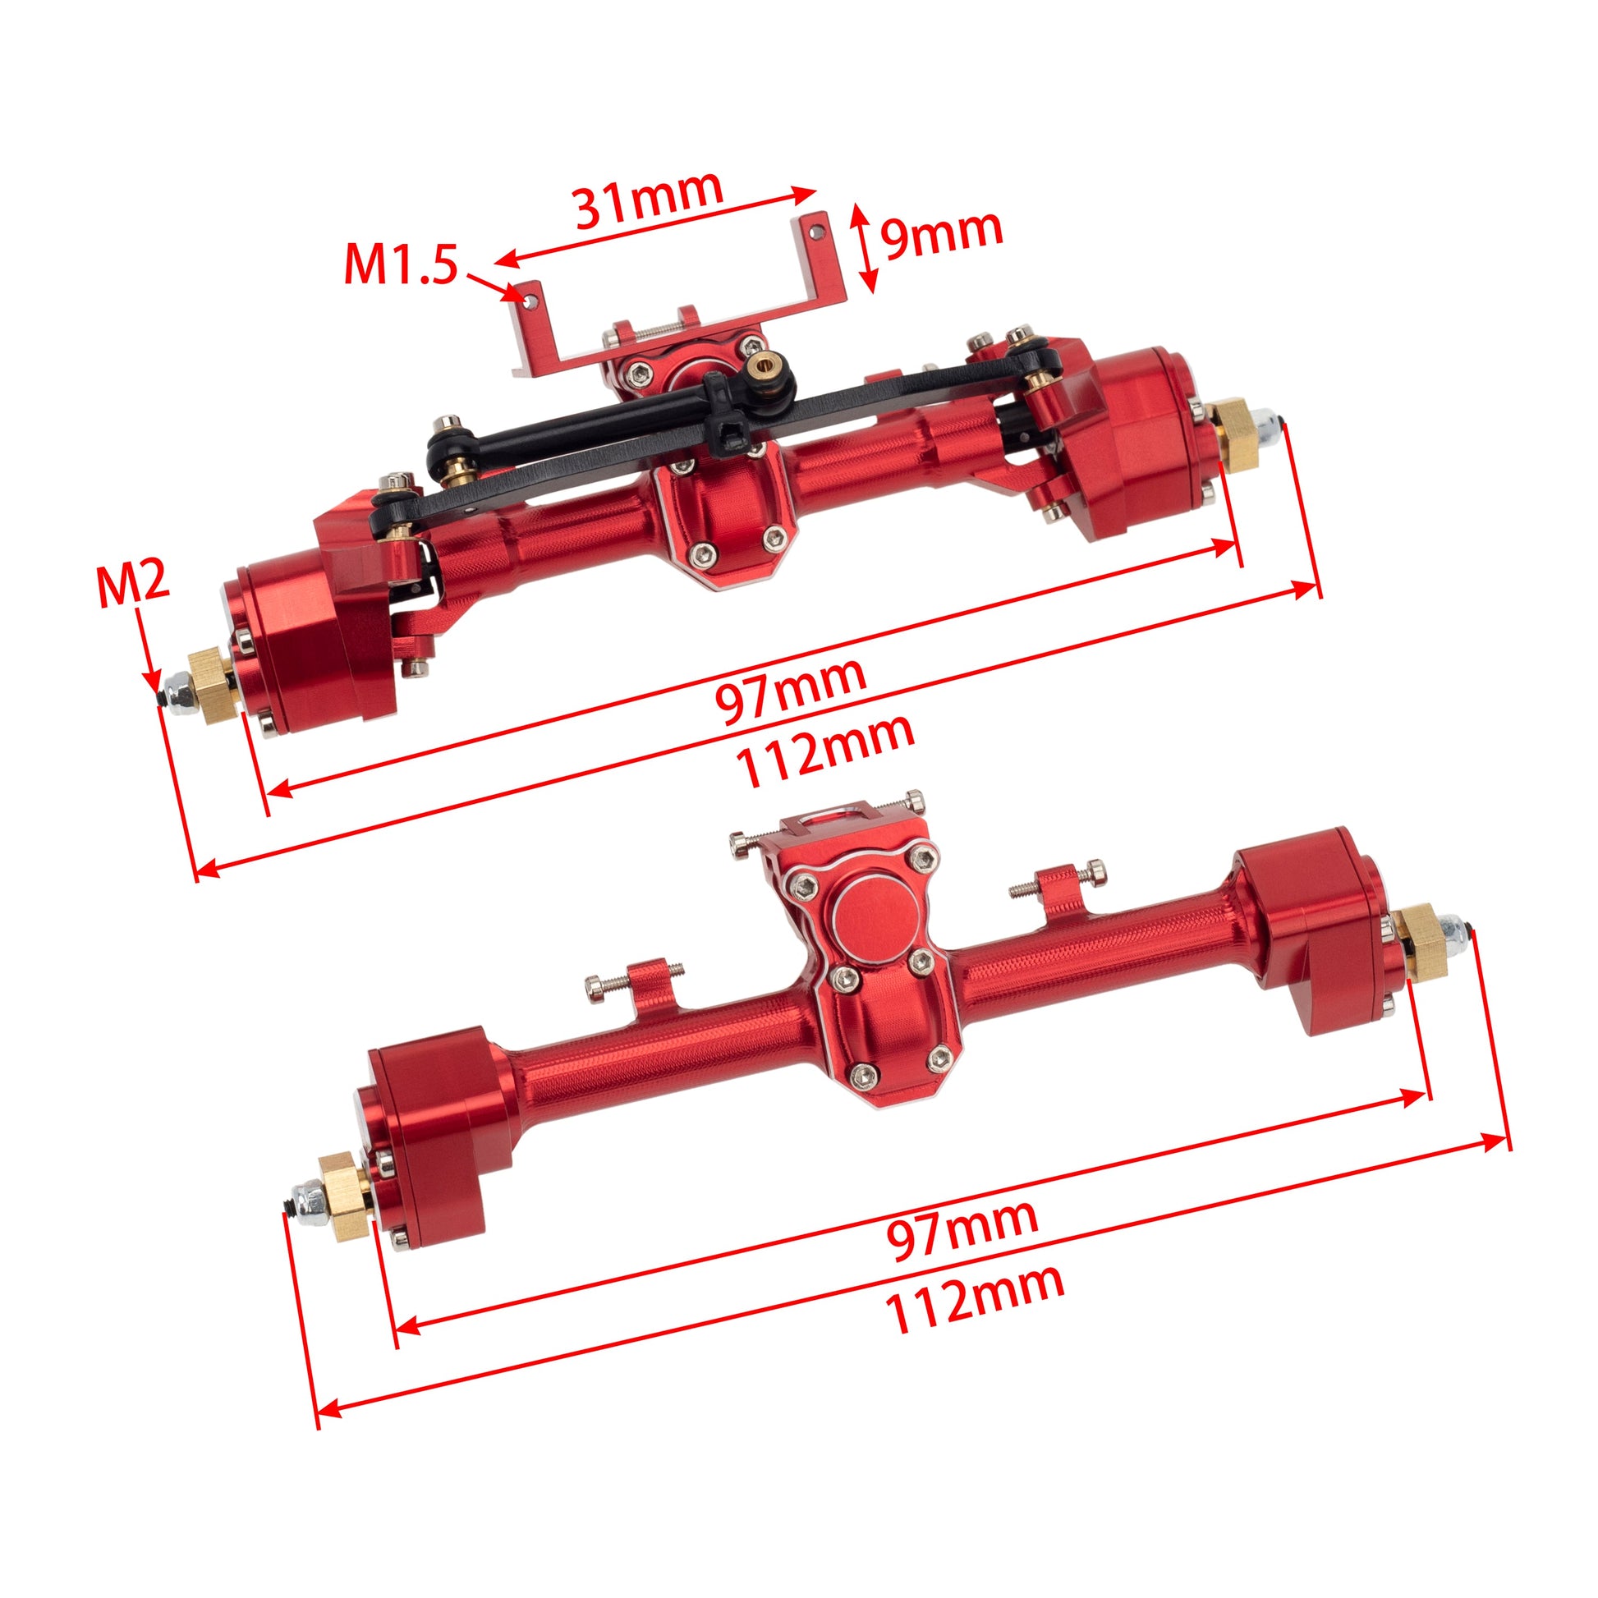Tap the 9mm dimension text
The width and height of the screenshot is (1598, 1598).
point(941,233)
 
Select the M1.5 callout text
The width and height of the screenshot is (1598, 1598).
point(401,264)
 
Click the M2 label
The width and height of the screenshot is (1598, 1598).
point(132,583)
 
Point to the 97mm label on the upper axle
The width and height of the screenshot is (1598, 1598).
point(790,689)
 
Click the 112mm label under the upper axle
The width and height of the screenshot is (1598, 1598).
point(825,751)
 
